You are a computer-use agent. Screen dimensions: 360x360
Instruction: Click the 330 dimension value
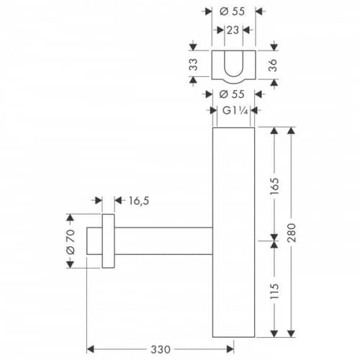pos(161,349)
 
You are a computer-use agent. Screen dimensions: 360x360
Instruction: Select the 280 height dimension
pos(292,233)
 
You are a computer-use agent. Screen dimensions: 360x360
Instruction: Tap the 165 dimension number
pos(274,186)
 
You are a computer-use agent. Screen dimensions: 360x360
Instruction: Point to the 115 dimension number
pos(274,291)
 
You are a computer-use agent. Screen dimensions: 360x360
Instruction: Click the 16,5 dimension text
pos(139,201)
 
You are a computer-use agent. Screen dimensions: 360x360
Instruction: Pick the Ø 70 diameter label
pos(71,242)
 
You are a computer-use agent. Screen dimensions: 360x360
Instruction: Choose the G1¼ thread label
pos(235,111)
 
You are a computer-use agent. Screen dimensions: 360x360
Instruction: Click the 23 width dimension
pos(233,30)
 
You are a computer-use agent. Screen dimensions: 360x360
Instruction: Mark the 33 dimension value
pos(194,64)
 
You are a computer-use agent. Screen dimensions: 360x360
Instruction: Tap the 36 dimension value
pos(273,66)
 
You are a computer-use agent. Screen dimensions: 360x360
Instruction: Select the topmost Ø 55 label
pos(233,12)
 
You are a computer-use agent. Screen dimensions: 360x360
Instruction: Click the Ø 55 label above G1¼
pos(232,94)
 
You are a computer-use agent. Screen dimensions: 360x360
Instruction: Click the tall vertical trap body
pos(233,233)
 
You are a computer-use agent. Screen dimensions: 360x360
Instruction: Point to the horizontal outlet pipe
pos(163,240)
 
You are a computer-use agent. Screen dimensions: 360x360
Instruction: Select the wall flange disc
pos(108,240)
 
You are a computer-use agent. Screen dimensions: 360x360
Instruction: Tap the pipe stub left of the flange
pos(94,240)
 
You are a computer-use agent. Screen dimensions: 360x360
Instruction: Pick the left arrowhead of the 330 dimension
pos(90,349)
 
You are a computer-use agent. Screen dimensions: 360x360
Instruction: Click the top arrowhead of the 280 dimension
pos(291,131)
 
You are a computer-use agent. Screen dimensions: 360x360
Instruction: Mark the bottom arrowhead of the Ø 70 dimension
pos(70,264)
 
